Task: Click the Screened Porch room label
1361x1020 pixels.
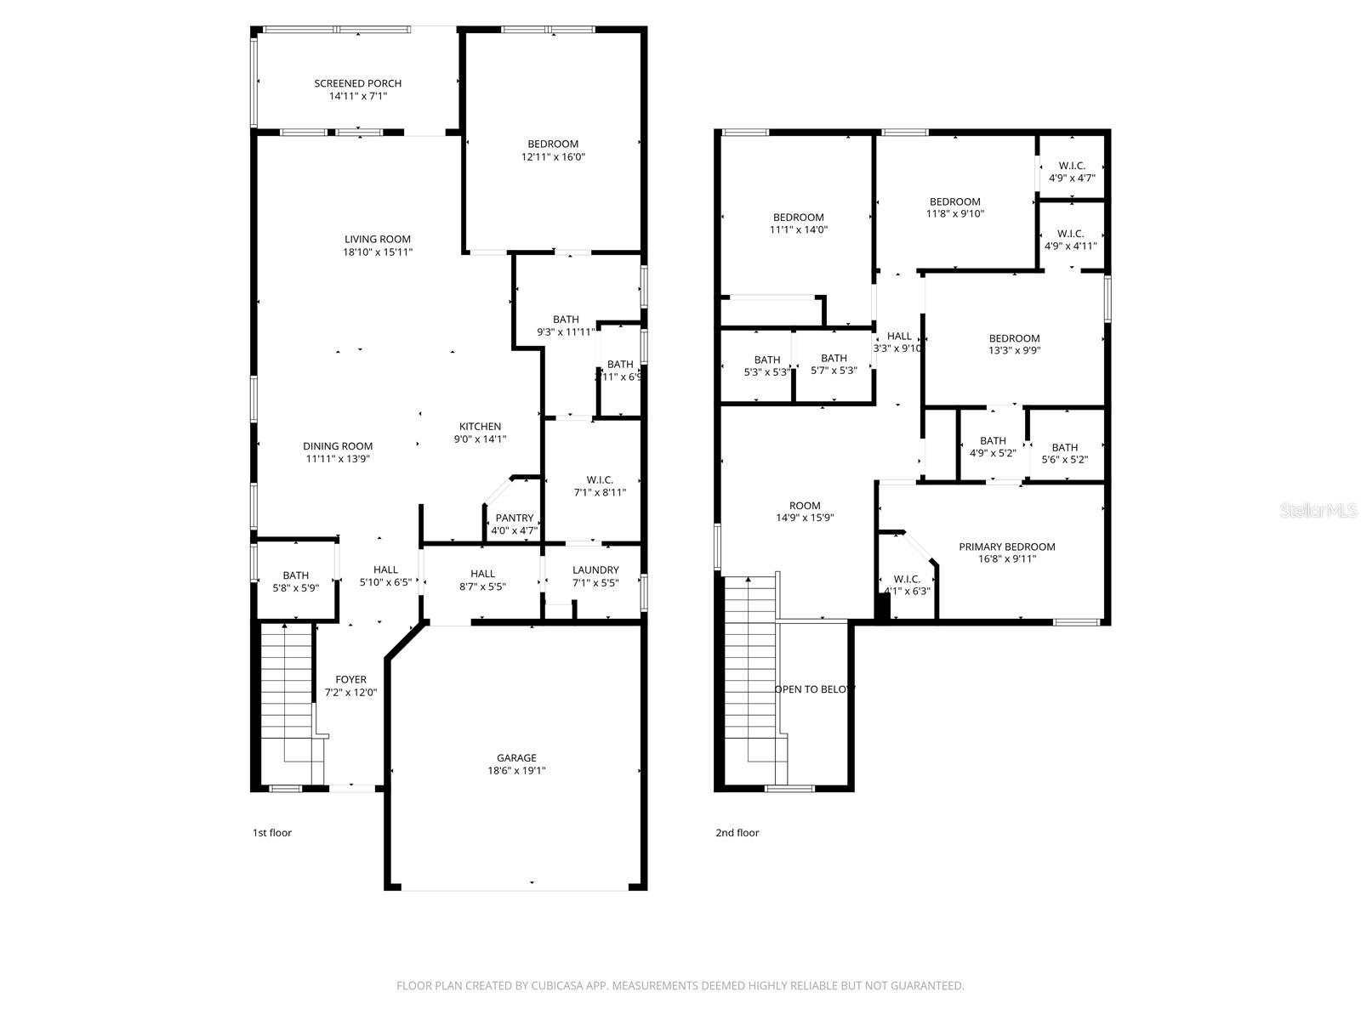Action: (357, 83)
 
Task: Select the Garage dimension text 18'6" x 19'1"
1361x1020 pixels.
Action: (516, 771)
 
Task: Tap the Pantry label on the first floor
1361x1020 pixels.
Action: (514, 518)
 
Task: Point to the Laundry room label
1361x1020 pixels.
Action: (595, 569)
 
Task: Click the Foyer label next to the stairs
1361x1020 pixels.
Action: (350, 679)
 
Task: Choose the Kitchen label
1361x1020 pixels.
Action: (480, 427)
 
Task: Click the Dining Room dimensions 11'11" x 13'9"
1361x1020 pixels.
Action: (338, 459)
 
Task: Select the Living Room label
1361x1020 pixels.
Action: (377, 239)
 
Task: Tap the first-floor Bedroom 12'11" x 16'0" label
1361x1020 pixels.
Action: (553, 144)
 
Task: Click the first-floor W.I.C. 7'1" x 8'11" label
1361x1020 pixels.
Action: (600, 480)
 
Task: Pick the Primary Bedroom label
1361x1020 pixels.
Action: (1006, 547)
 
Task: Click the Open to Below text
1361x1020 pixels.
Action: (814, 689)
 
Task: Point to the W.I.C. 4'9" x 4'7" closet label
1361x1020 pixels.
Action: (1071, 166)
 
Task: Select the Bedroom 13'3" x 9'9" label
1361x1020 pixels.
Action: (1014, 338)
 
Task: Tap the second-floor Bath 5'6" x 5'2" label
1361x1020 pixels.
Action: (1064, 448)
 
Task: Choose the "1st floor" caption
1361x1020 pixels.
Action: (272, 833)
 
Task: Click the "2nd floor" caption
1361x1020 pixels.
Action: (737, 833)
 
